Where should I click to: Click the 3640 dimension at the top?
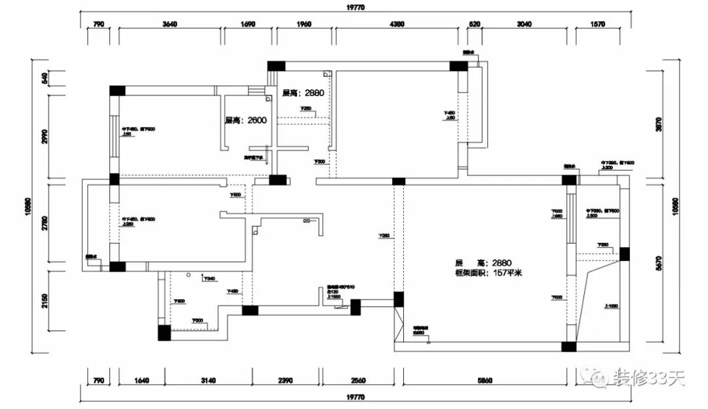(169, 25)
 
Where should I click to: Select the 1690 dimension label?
(247, 25)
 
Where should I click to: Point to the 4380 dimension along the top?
(397, 25)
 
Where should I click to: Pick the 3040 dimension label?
(524, 25)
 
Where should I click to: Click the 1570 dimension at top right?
(597, 25)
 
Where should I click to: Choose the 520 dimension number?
(475, 25)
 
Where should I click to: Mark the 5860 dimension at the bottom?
(484, 380)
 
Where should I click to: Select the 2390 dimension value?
(285, 380)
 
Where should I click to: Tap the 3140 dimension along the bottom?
(207, 380)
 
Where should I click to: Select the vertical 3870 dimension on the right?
(659, 124)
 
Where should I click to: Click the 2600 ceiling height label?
(245, 120)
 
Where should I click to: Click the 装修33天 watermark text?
(648, 378)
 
